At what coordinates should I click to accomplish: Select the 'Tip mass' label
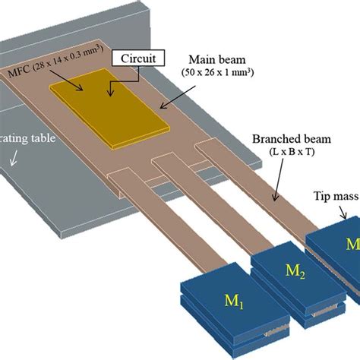click(x=334, y=196)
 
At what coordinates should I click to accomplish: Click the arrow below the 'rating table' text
click(x=14, y=159)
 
